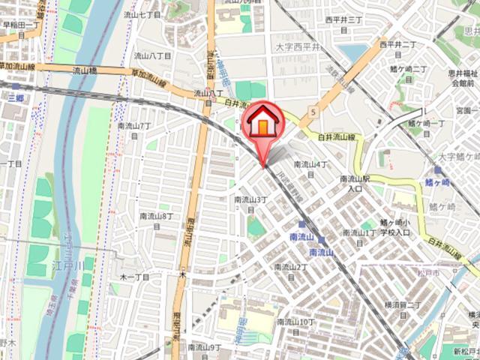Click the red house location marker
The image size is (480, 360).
(262, 124)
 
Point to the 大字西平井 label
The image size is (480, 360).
(298, 47)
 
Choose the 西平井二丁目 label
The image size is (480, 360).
(397, 49)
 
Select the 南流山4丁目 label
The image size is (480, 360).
(311, 168)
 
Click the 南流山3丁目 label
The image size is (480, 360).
(250, 204)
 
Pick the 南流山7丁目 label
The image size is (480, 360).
(136, 130)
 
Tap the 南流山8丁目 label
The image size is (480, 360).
(157, 220)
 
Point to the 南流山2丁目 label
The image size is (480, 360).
(292, 271)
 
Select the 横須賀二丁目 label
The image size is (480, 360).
(404, 310)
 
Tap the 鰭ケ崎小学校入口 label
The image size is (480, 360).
(394, 228)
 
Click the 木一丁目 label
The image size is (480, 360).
(135, 277)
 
